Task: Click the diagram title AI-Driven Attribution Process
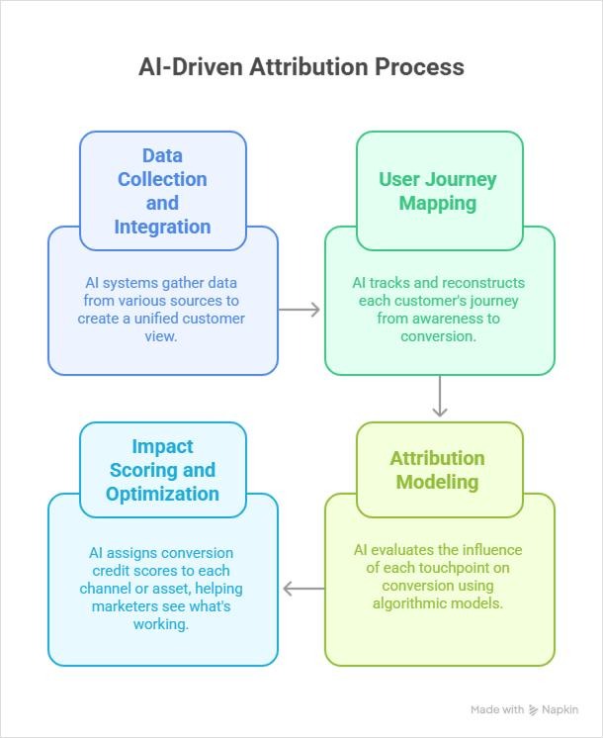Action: [x=301, y=68]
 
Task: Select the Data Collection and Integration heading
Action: [x=162, y=191]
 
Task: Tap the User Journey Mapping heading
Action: [x=438, y=191]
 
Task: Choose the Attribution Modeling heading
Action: [x=438, y=470]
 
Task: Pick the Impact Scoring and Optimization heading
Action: [x=162, y=470]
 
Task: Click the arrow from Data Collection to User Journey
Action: [x=301, y=310]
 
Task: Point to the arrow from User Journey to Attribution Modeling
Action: [x=440, y=399]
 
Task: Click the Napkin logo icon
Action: [x=534, y=709]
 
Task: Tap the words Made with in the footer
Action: [x=497, y=709]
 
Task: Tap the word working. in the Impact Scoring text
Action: [x=162, y=624]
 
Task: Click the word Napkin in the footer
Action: [x=560, y=709]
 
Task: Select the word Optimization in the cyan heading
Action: [x=162, y=494]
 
